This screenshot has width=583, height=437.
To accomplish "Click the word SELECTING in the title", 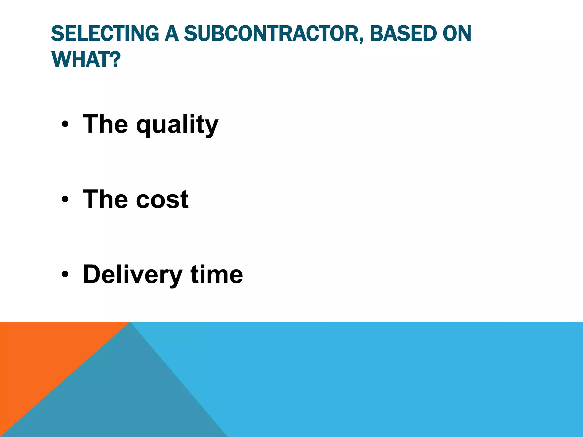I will [x=105, y=34].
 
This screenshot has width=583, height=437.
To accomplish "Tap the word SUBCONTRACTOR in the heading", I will [x=272, y=34].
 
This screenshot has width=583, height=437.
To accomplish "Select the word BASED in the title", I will [x=403, y=34].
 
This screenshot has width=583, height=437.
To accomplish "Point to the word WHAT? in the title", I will [x=86, y=60].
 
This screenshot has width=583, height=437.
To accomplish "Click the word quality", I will [x=177, y=124].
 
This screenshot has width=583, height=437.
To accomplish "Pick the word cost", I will [x=162, y=199].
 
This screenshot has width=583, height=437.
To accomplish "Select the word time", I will [x=217, y=275].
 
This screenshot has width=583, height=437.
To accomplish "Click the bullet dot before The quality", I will [x=65, y=124].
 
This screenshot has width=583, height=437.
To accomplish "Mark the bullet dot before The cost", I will [x=65, y=199].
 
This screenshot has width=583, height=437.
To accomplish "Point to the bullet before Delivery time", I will [x=65, y=275].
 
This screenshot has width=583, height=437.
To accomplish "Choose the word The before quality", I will [x=105, y=124].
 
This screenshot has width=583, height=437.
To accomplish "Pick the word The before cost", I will [x=105, y=199].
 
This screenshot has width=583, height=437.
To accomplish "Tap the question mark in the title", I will [x=116, y=60].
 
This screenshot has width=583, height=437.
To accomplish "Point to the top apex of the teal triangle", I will [x=130, y=323].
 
